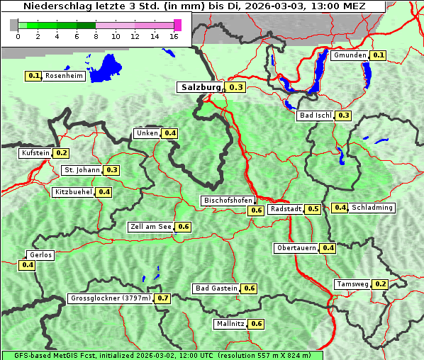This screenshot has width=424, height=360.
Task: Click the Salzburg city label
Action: [x=201, y=87]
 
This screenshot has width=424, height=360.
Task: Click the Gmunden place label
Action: [x=350, y=55]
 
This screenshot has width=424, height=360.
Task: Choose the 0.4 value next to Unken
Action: [x=170, y=133]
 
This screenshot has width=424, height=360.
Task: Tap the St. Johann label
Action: [x=82, y=170]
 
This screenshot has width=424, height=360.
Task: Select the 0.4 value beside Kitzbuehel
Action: [x=104, y=192]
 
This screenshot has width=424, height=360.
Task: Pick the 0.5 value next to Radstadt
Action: [x=313, y=209]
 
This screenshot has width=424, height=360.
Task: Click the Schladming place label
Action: [x=372, y=208]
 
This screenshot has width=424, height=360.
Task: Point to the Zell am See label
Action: [x=151, y=227]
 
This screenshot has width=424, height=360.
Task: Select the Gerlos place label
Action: [x=40, y=255]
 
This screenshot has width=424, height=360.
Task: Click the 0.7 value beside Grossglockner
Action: [x=163, y=298]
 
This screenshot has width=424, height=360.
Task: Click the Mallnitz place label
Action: [x=230, y=324]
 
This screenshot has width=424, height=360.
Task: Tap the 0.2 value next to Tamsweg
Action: [x=381, y=284]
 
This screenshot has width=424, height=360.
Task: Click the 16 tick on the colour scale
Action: [x=174, y=35]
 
